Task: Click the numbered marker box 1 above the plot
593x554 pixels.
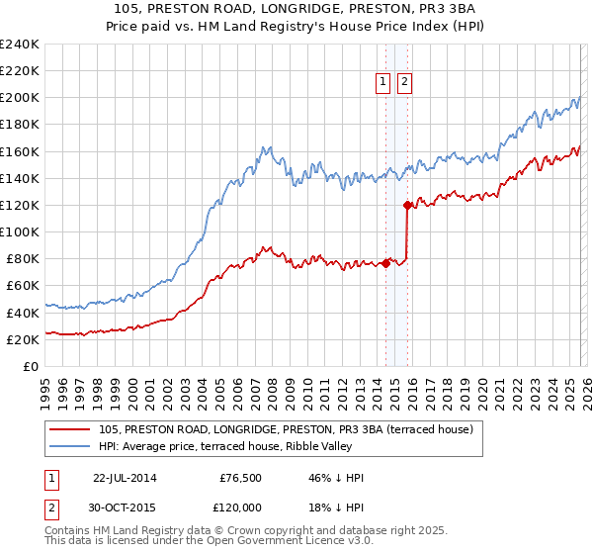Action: (383, 83)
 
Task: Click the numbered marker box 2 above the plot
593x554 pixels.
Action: (405, 83)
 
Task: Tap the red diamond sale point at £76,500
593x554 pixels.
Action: (385, 263)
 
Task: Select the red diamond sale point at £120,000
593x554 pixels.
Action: (407, 205)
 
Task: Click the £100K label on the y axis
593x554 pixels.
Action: (19, 231)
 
